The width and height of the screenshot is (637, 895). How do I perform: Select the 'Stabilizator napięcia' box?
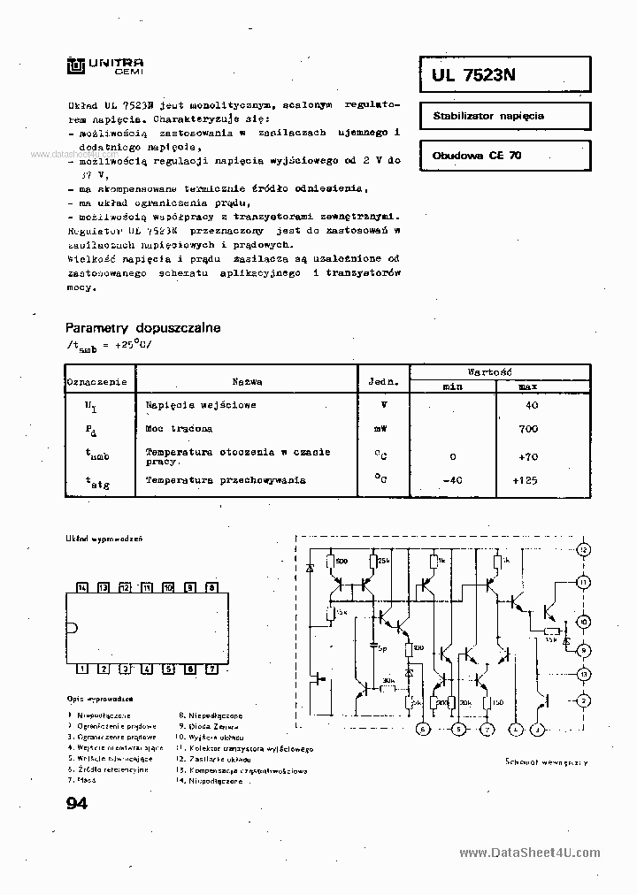[x=503, y=116]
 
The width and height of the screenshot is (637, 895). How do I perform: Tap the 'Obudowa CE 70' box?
[x=503, y=155]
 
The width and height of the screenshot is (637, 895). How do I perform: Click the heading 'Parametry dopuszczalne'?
[x=143, y=327]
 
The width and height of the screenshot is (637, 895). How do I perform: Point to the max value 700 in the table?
[x=529, y=429]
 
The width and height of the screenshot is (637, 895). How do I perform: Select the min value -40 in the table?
[x=453, y=480]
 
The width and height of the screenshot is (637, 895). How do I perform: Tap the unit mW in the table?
[x=381, y=429]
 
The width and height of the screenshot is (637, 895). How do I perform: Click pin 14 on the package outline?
[x=81, y=587]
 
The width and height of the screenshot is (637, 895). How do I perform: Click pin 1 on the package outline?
[x=81, y=669]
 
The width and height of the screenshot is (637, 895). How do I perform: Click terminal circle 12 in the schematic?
[x=583, y=549]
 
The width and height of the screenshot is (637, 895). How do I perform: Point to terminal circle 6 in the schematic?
[x=423, y=730]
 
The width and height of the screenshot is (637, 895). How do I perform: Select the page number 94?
[x=77, y=804]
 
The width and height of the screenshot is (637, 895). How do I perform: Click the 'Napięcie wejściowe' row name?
[x=201, y=405]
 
